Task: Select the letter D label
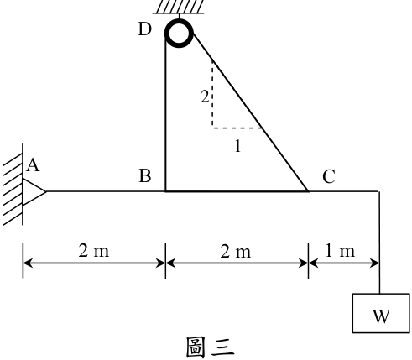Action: pos(145,29)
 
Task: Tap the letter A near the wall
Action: pos(34,165)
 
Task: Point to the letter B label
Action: pos(145,176)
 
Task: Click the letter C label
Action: pos(329,176)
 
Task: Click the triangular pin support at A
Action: pos(34,192)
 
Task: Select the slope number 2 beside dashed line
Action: pos(205,97)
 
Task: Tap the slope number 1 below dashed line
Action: pos(237,146)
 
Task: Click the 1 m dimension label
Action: pos(340,251)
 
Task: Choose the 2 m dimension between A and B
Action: pos(94,251)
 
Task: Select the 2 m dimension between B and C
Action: pos(236,251)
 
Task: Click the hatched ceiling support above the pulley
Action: pos(179,7)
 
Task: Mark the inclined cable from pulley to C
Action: pos(250,112)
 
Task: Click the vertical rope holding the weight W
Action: pos(379,243)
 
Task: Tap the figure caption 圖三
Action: pos(210,347)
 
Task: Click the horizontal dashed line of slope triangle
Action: pos(237,128)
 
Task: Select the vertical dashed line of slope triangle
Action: pos(212,94)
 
